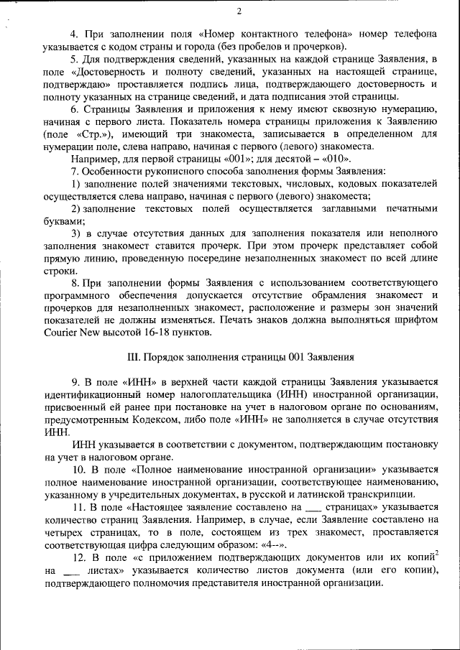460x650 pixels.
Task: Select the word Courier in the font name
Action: (x=60, y=333)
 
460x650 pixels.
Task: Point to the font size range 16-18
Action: (x=167, y=333)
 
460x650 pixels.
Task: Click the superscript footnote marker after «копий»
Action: (x=436, y=552)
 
